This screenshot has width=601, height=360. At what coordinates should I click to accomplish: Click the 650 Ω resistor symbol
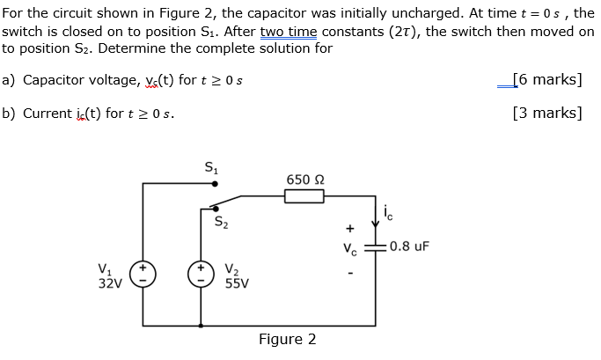[x=304, y=196]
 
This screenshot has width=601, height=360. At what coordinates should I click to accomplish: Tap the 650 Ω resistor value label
[x=304, y=180]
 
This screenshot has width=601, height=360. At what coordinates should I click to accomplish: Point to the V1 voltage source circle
[x=143, y=272]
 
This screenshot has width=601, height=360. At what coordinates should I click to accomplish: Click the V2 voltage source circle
[x=202, y=272]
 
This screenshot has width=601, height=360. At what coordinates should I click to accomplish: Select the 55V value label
[x=237, y=283]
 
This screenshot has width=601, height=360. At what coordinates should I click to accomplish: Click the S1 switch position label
[x=211, y=166]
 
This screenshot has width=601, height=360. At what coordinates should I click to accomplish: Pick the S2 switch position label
[x=223, y=221]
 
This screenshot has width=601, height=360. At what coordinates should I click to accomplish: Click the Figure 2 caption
[x=287, y=339]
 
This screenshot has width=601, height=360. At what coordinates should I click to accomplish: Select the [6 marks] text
[x=546, y=80]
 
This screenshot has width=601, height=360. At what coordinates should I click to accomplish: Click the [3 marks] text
[x=546, y=113]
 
